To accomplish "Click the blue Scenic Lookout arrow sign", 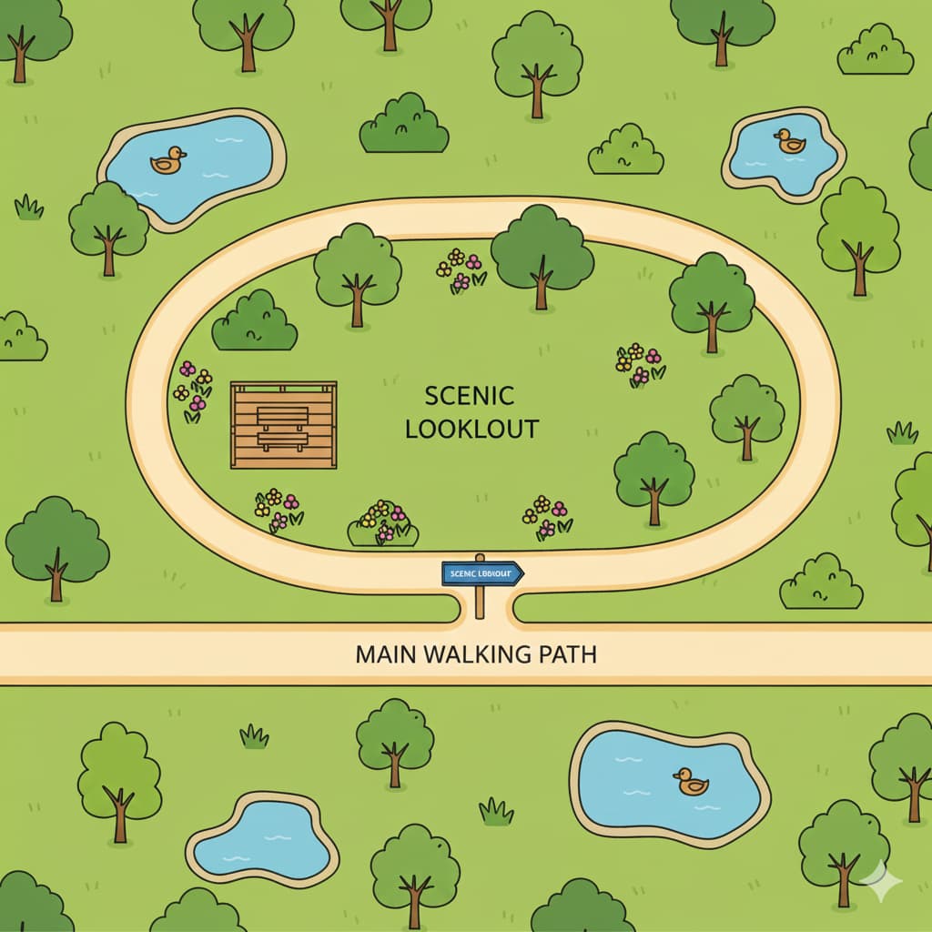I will (482, 572).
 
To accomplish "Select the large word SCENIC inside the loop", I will (470, 396).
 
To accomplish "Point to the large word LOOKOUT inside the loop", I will (472, 429).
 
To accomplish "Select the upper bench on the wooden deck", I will (282, 416).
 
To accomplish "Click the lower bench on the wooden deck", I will (282, 441).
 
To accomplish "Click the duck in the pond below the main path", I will (691, 781).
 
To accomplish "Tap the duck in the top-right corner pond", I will (789, 141).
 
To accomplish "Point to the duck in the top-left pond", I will (167, 161).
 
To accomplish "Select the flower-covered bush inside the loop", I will (383, 524).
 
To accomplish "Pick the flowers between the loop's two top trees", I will (461, 269).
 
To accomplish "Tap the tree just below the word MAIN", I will (394, 742).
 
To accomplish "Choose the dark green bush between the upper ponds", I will (404, 125).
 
